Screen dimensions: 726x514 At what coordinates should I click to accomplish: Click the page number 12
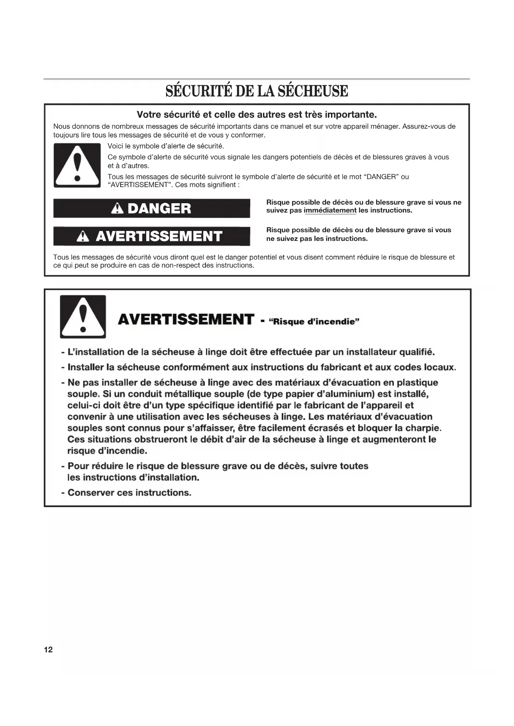tap(48, 649)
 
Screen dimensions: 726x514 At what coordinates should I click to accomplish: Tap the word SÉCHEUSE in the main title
tap(313, 91)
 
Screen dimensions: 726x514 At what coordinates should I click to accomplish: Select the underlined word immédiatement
tap(330, 210)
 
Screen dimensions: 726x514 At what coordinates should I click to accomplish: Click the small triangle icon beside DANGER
tap(118, 208)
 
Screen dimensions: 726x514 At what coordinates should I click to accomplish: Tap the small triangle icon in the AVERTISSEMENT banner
tap(83, 236)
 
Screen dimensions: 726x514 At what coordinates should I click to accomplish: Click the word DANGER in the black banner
tap(159, 208)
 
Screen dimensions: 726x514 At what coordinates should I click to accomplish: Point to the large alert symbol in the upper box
tap(77, 165)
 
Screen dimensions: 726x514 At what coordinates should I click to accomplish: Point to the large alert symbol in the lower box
tap(83, 317)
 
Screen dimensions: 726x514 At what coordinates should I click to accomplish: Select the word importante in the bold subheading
tap(350, 114)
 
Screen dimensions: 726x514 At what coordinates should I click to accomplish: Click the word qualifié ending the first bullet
tap(417, 352)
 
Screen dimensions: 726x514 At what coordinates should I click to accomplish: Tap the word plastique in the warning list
tap(417, 382)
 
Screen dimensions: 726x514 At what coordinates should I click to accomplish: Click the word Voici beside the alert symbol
tap(116, 146)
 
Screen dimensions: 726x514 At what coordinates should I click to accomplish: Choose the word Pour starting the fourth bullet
tap(78, 466)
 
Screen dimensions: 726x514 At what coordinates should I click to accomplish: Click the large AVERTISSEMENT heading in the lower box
tap(186, 320)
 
